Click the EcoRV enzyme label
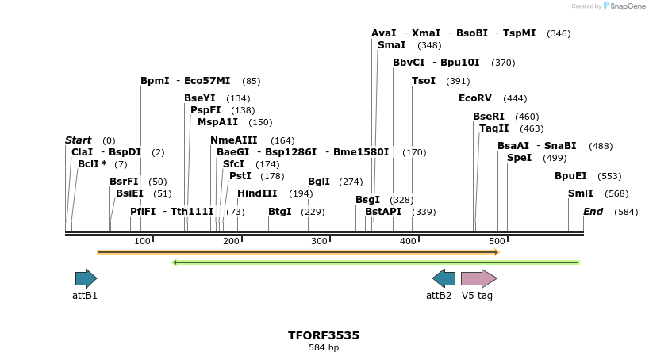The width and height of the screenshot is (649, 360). pyautogui.click(x=475, y=98)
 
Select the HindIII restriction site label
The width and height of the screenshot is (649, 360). pyautogui.click(x=257, y=193)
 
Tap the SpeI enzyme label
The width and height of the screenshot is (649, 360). pyautogui.click(x=519, y=158)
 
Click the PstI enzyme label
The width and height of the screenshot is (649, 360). pyautogui.click(x=240, y=176)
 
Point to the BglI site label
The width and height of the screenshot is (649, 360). pyautogui.click(x=318, y=182)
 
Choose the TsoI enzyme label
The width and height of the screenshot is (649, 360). pyautogui.click(x=424, y=81)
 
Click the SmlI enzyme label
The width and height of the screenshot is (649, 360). pyautogui.click(x=580, y=193)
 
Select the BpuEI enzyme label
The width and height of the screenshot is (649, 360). pyautogui.click(x=570, y=176)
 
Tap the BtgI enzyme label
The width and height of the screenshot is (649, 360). pyautogui.click(x=279, y=212)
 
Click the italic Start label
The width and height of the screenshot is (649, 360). pyautogui.click(x=78, y=140)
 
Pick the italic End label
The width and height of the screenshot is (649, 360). pyautogui.click(x=593, y=212)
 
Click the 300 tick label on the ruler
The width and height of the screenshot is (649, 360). pyautogui.click(x=319, y=241)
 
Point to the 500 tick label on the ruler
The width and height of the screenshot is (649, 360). pyautogui.click(x=497, y=241)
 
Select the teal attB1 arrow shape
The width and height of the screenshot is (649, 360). pyautogui.click(x=86, y=278)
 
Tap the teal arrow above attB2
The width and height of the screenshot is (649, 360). pyautogui.click(x=444, y=278)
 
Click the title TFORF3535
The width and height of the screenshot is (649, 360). pyautogui.click(x=324, y=335)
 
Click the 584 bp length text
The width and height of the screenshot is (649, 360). pyautogui.click(x=324, y=347)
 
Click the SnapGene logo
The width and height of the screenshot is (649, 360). pyautogui.click(x=624, y=6)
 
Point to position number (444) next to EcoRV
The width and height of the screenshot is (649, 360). pyautogui.click(x=515, y=98)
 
